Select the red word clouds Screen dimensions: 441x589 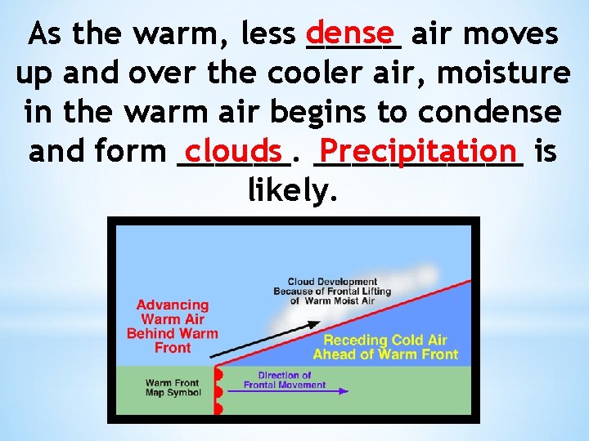[x=234, y=149]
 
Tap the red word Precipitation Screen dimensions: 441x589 [x=420, y=150]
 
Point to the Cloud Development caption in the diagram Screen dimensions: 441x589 [x=332, y=291]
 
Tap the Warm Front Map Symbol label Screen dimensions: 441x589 [x=173, y=387]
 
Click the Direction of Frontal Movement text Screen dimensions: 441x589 [x=285, y=380]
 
